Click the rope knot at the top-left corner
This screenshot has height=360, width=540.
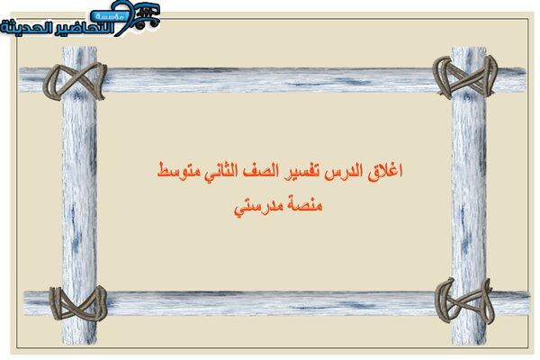[75, 81]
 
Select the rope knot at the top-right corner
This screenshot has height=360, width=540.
[463, 76]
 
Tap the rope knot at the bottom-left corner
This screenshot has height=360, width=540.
[77, 303]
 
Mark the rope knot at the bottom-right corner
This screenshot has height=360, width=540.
[463, 301]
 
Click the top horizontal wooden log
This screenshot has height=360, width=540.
[272, 80]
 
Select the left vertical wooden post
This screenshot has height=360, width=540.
[79, 195]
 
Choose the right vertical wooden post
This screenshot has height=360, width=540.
[469, 195]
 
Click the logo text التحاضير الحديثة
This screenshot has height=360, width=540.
[58, 28]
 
